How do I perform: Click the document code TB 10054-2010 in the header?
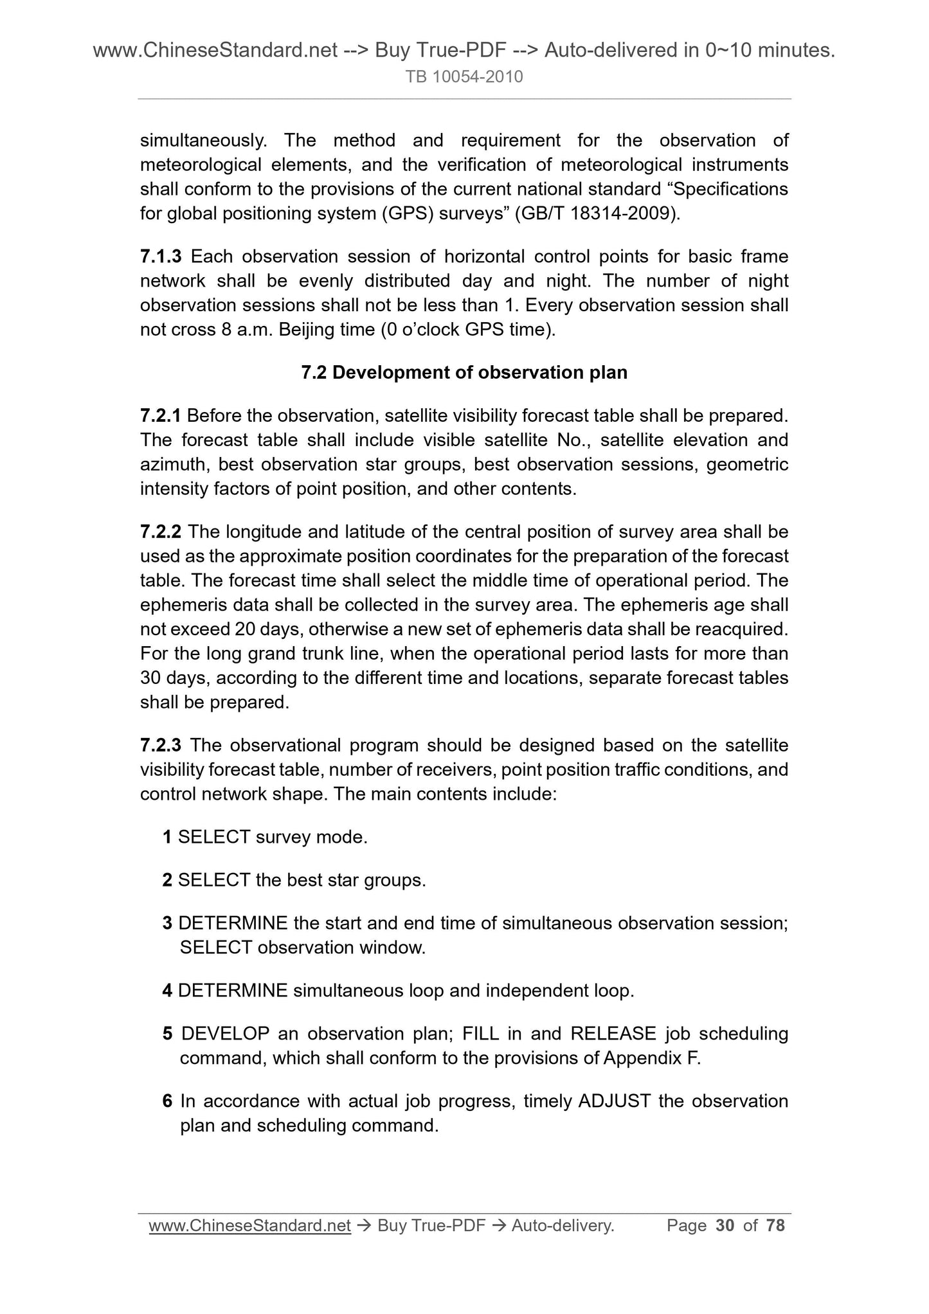464,77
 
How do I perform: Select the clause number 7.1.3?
161,256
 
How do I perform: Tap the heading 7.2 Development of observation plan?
464,373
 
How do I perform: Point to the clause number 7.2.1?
161,416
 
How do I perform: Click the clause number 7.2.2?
161,532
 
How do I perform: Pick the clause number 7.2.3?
161,745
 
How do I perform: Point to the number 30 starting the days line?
150,678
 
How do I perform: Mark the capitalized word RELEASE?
613,1034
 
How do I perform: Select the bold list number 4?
167,991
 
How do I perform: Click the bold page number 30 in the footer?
725,1226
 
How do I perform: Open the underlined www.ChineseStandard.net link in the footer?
249,1226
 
